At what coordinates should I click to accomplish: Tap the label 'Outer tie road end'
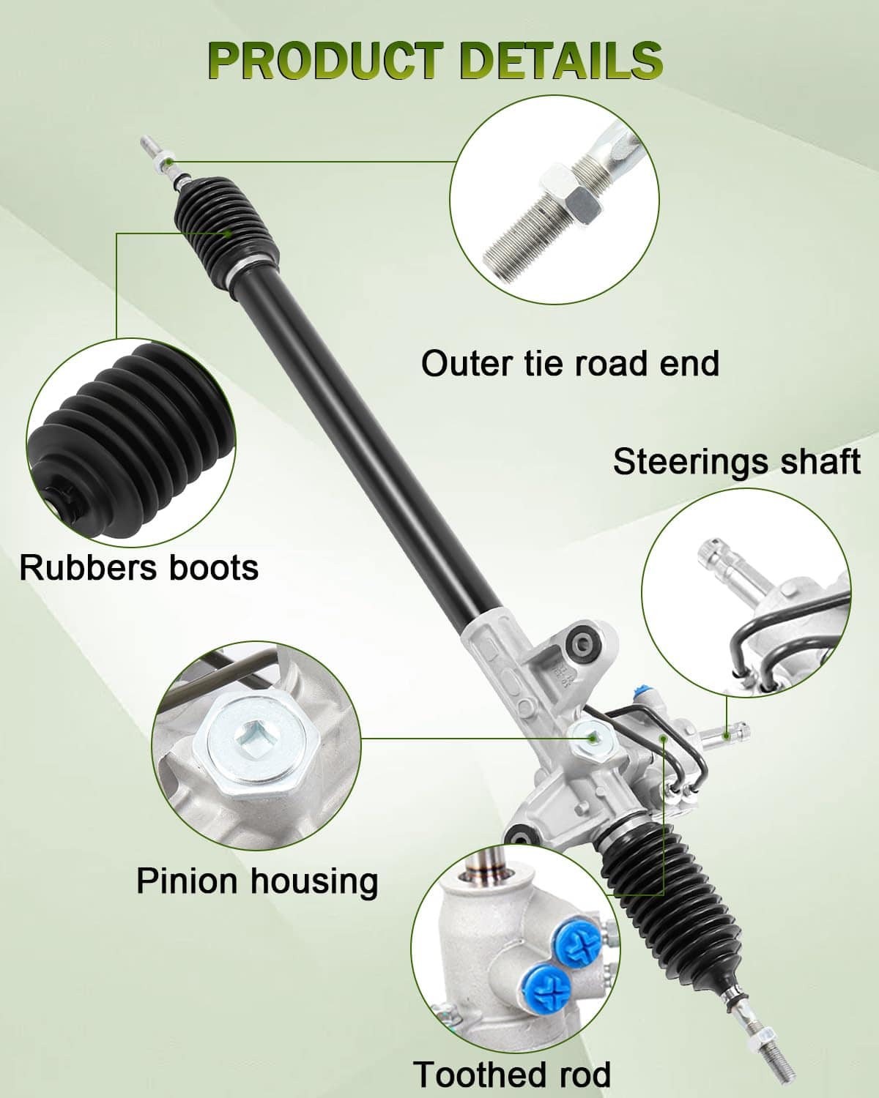570,363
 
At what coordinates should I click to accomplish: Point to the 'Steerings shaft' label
736,461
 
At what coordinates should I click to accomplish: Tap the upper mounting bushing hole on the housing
582,645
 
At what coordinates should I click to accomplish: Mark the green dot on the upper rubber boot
228,233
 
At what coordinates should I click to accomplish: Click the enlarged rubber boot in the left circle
133,438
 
